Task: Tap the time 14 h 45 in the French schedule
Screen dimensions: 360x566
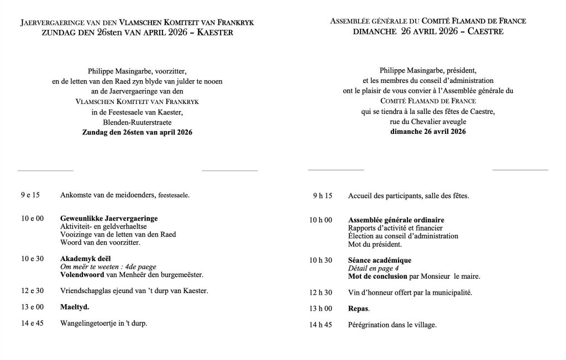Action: click(x=321, y=325)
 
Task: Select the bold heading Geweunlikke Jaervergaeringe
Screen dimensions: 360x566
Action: click(x=109, y=219)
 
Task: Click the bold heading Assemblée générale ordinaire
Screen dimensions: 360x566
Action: click(x=396, y=220)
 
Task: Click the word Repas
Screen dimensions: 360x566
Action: click(x=359, y=309)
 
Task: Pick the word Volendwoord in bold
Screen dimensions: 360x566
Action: click(x=82, y=275)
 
